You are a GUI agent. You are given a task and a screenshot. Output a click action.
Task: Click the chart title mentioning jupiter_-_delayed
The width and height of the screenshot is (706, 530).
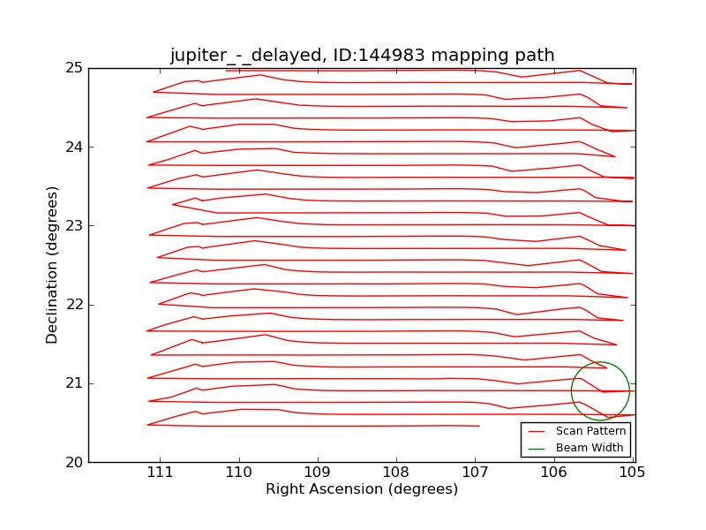(x=362, y=56)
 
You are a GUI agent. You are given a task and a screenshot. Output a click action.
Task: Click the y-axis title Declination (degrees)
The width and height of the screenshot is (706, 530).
(x=53, y=264)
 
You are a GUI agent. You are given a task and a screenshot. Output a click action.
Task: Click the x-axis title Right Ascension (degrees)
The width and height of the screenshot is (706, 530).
(x=362, y=489)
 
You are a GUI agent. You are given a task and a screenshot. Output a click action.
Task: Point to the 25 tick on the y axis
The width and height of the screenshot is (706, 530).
(x=75, y=68)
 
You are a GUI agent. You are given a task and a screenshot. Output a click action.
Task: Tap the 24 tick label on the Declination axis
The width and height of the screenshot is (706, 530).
(x=75, y=147)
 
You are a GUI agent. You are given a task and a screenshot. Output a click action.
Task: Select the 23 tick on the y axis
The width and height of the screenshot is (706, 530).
(x=75, y=225)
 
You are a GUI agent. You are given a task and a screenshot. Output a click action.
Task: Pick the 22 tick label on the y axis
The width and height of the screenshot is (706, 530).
(x=75, y=305)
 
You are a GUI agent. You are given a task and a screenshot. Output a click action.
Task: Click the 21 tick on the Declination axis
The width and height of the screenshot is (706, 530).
(x=75, y=383)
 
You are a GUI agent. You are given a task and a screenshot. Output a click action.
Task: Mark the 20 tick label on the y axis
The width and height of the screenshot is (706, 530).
(x=75, y=462)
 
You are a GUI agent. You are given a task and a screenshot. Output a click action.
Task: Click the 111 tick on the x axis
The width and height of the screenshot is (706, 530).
(x=160, y=472)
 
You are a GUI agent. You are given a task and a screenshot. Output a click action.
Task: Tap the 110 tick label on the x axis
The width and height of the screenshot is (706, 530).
(x=238, y=472)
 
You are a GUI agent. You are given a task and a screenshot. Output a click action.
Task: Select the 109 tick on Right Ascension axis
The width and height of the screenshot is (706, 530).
(x=317, y=472)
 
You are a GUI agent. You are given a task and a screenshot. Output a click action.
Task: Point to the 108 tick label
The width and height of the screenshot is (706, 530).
(x=396, y=472)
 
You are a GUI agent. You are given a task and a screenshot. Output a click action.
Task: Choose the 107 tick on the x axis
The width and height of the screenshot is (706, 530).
(x=475, y=472)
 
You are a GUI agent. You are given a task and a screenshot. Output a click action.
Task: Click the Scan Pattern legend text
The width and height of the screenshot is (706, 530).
(x=590, y=431)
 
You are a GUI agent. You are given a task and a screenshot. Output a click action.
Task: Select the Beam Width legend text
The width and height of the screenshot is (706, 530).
(x=590, y=448)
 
